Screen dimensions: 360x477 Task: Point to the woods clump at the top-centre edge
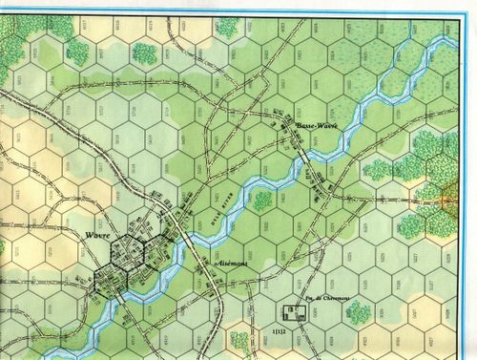pos(227,26)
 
